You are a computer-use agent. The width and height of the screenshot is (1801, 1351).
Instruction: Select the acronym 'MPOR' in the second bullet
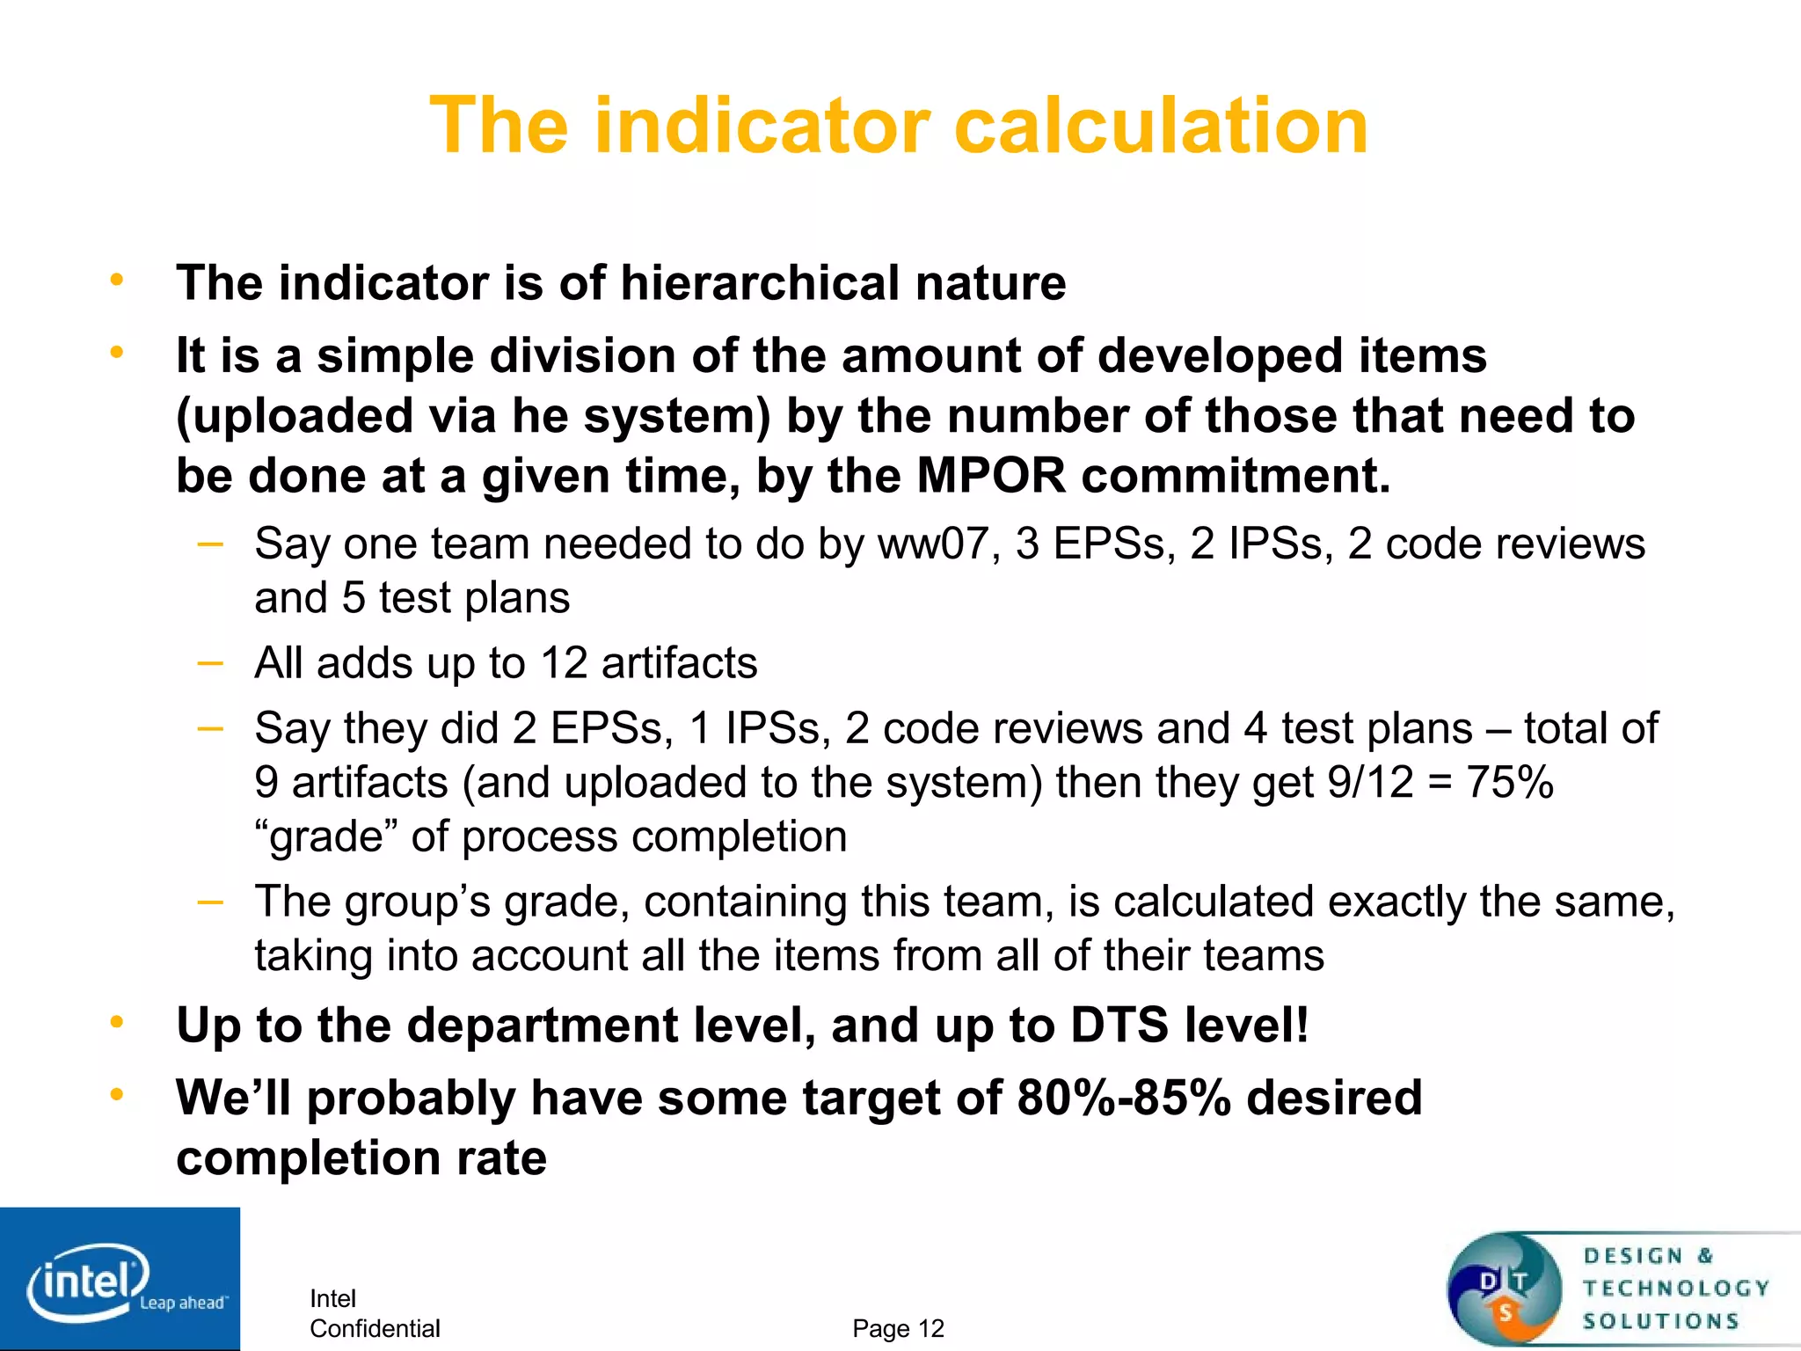[990, 476]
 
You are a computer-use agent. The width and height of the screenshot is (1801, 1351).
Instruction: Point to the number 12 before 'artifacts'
[563, 662]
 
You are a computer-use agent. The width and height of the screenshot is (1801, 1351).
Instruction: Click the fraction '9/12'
[1370, 782]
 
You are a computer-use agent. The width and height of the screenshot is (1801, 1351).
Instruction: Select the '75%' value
[1510, 782]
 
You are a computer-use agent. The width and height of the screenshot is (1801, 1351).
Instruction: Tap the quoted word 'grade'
[327, 836]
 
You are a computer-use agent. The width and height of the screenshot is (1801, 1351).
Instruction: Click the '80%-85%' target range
[1124, 1098]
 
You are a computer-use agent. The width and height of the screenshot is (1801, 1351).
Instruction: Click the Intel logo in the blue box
[88, 1280]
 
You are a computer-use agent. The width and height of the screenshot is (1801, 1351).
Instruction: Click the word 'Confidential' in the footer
[375, 1328]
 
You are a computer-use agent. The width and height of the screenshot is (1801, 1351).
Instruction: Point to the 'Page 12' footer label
[898, 1328]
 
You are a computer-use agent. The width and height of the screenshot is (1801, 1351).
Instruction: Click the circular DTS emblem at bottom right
[1505, 1289]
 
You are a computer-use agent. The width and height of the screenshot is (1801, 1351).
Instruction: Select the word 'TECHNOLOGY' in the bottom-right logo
[1676, 1289]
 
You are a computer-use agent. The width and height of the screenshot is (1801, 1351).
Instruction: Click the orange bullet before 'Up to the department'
[116, 1022]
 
